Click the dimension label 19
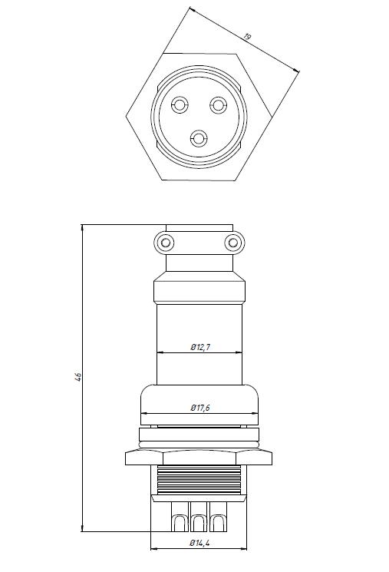(x=248, y=37)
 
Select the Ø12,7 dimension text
(x=200, y=347)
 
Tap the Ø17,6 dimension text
(x=200, y=408)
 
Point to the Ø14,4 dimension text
(x=199, y=543)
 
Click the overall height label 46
(x=78, y=377)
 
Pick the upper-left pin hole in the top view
(x=179, y=105)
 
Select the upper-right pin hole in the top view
(x=218, y=105)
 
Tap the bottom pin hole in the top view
(x=199, y=139)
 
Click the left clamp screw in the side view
(x=164, y=243)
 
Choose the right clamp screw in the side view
(x=234, y=243)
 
